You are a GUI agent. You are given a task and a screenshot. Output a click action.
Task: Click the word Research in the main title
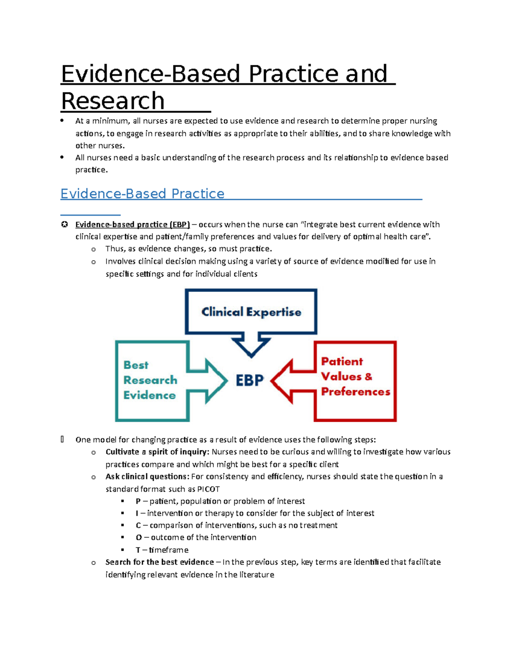113,101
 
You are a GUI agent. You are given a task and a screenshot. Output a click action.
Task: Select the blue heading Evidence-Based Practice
142,194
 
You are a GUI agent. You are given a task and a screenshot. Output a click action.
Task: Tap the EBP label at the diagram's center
250,380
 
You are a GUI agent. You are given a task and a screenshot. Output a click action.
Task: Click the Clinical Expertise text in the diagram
251,312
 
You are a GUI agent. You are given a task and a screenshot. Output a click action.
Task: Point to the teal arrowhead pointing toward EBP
216,381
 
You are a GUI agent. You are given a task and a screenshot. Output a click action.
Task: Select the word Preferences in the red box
356,391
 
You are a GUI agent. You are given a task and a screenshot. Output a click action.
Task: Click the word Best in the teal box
136,365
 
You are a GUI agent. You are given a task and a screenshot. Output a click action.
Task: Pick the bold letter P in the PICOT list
138,501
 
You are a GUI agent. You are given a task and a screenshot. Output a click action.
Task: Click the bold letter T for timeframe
138,550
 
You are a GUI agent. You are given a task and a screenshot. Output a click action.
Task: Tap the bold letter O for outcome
139,538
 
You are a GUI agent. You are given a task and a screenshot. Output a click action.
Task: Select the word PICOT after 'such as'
208,489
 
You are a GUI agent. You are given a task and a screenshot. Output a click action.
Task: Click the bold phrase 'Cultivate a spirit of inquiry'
158,452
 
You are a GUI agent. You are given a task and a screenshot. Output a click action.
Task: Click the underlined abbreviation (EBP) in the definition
180,225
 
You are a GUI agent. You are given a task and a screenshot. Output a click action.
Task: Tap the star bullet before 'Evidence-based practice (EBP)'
64,225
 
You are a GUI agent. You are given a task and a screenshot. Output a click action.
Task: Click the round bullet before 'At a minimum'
62,120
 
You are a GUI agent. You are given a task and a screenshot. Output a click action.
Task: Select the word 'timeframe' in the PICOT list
169,550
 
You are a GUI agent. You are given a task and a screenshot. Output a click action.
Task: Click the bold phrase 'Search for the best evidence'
159,562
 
